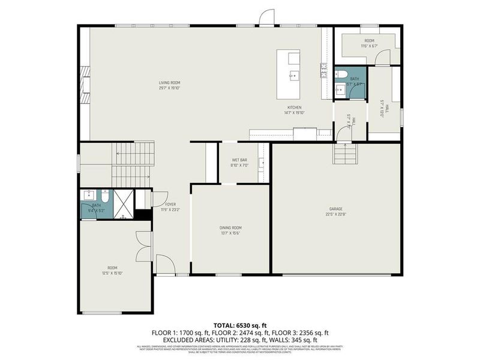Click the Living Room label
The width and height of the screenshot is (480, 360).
(169, 82)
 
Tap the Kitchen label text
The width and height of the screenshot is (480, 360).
(293, 107)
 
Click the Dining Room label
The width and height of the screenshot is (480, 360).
(230, 227)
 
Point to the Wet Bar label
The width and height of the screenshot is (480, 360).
(240, 160)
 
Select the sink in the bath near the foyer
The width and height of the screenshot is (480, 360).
(89, 194)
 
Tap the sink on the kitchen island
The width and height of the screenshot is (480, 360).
(293, 75)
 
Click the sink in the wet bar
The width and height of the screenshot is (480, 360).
(262, 162)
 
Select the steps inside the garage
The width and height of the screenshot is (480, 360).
(346, 156)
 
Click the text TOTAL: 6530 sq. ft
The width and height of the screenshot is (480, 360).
(240, 325)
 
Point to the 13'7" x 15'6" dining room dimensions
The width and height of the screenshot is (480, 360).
(230, 233)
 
